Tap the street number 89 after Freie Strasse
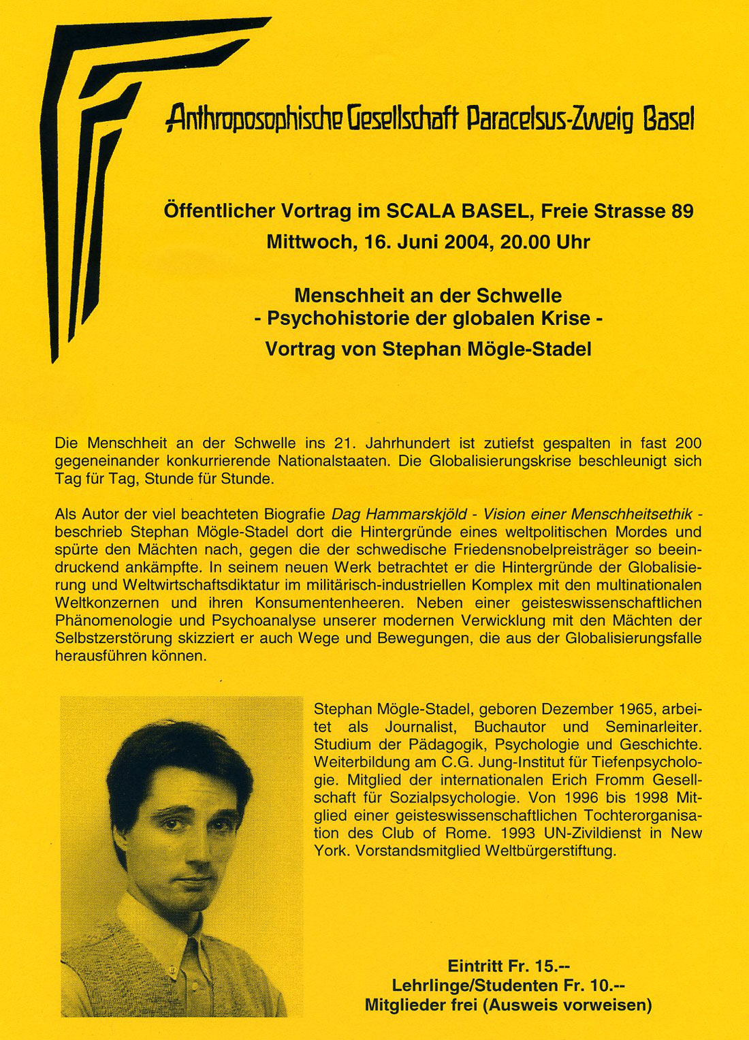click(x=682, y=211)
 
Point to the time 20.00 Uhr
click(x=545, y=242)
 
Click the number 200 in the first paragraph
click(x=688, y=443)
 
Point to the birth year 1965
click(x=637, y=709)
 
